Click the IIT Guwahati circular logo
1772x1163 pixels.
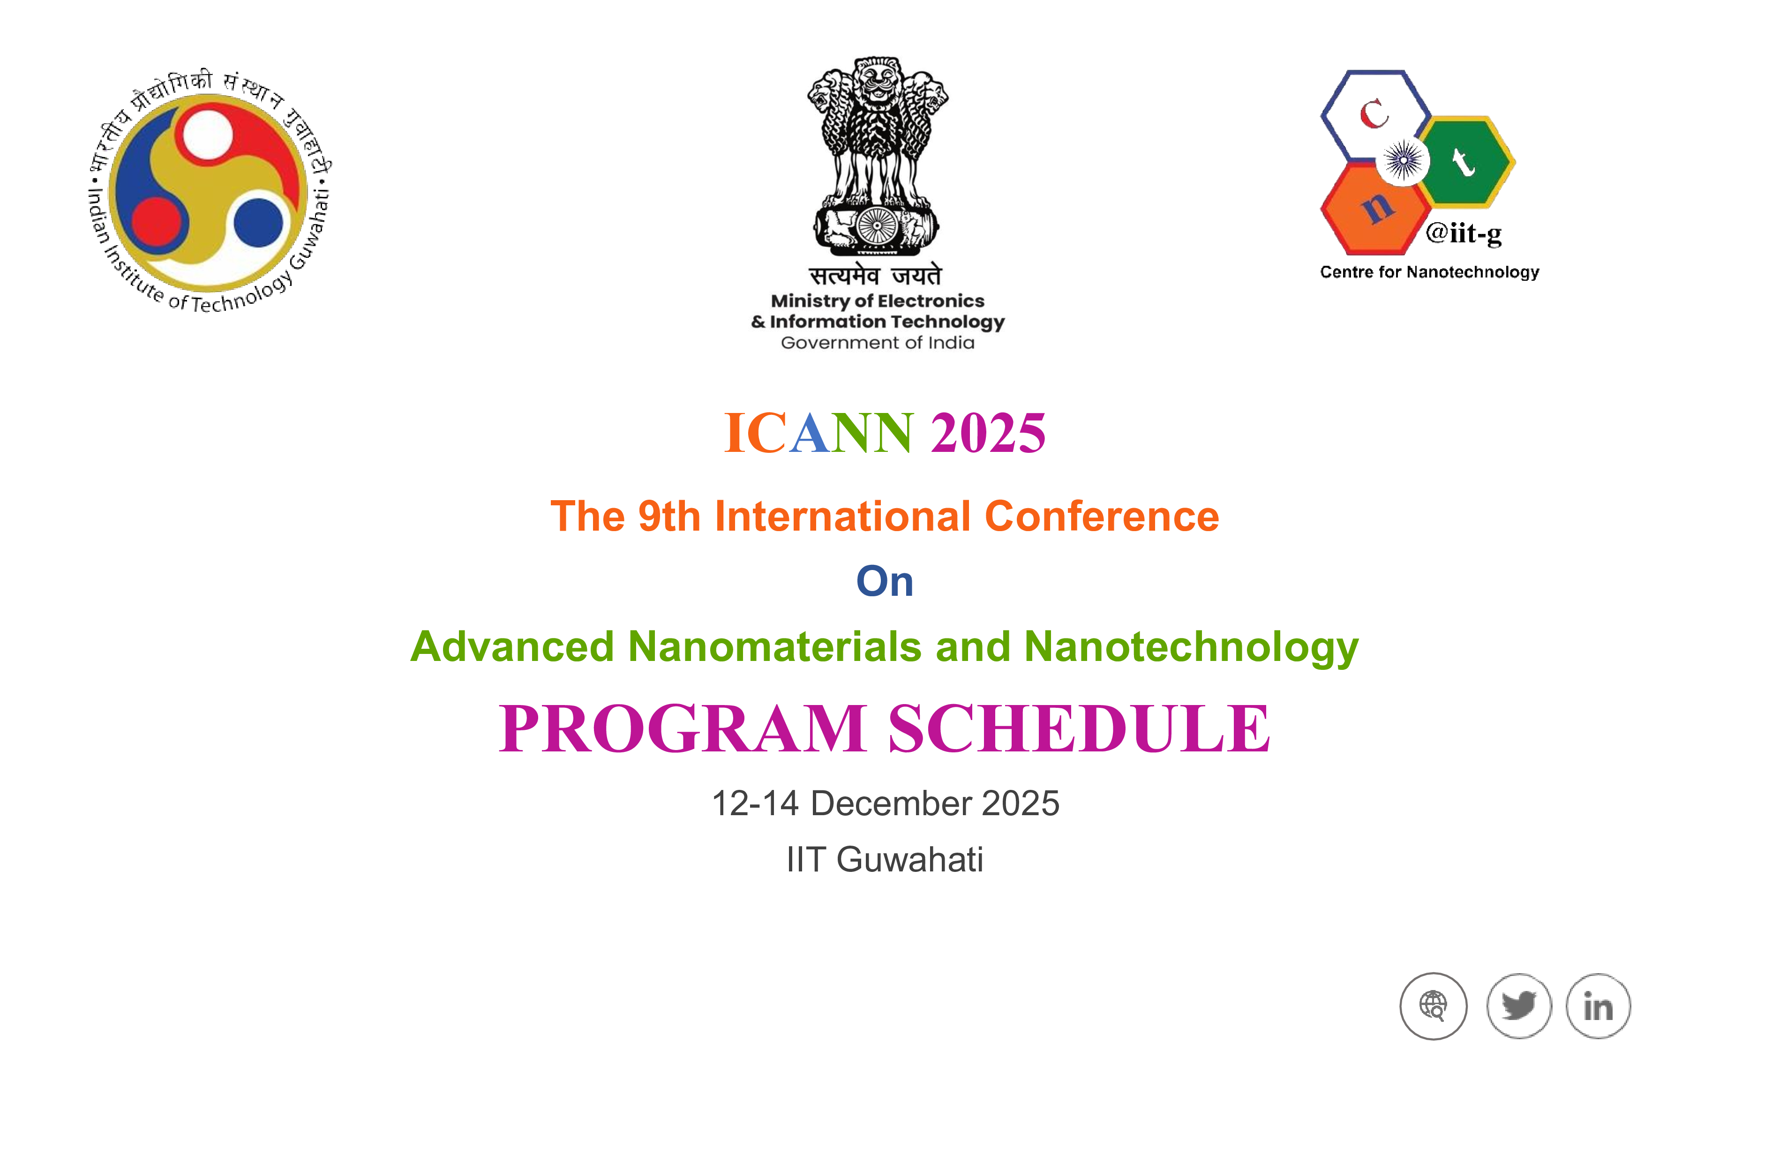click(209, 193)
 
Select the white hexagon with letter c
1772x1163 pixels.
click(1376, 115)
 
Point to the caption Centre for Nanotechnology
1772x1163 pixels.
click(1429, 272)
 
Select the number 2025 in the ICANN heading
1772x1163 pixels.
click(988, 433)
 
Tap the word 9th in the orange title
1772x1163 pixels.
click(669, 516)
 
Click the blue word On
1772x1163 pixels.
click(885, 581)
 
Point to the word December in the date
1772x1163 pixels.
click(891, 803)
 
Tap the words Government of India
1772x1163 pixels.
click(877, 343)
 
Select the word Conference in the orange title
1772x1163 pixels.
click(1102, 516)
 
